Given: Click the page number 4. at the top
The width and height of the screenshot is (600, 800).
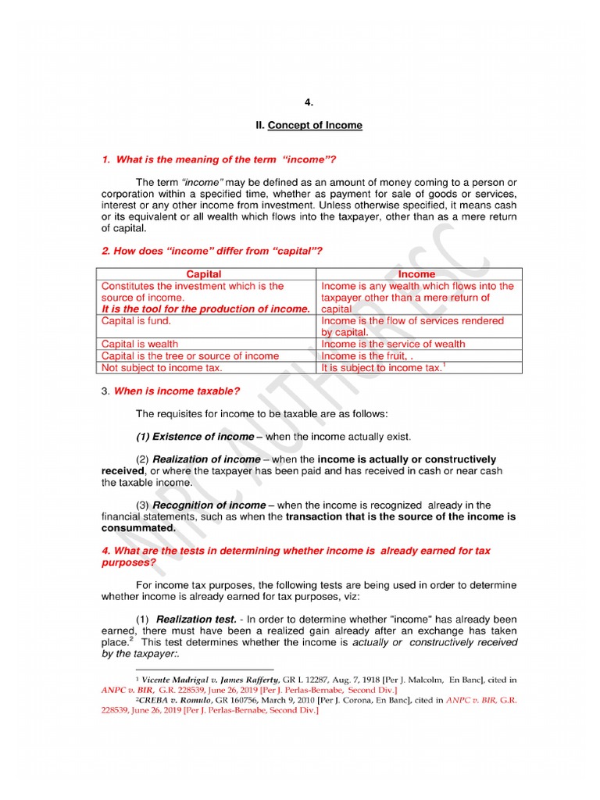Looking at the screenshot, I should [x=308, y=102].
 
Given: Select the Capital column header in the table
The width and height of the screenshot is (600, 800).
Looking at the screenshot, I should [x=204, y=274].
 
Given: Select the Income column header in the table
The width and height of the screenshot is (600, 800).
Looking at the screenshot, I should [x=416, y=274].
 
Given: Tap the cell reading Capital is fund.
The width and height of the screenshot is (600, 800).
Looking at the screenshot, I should [x=136, y=320].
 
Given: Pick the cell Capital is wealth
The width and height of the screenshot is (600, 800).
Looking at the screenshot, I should [x=140, y=344].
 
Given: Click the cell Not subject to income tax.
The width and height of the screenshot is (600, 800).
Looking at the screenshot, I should [x=162, y=367].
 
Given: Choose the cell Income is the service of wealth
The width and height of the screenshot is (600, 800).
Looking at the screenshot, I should [x=393, y=344].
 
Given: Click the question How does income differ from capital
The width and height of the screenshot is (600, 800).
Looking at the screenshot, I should [x=212, y=251].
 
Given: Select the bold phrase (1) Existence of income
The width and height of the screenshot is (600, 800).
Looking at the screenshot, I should [x=195, y=436].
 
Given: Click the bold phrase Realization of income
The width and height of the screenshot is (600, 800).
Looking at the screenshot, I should [x=206, y=459].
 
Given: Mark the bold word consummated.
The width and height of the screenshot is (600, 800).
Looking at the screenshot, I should [x=138, y=528].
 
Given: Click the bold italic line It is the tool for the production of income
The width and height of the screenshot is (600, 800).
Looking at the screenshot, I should [x=205, y=309].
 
